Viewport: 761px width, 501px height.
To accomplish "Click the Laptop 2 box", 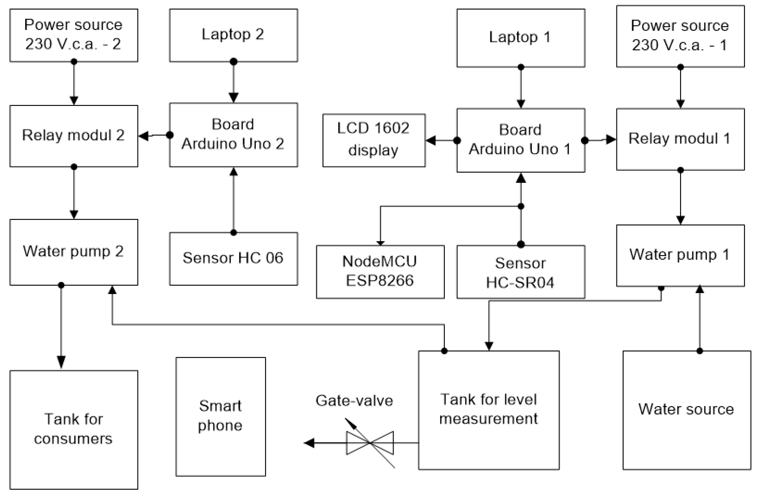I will click(x=233, y=35).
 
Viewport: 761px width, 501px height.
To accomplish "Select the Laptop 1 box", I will click(x=520, y=38).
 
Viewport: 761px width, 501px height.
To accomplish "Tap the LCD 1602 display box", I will click(x=374, y=140).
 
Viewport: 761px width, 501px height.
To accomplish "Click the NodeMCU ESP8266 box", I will click(x=380, y=272).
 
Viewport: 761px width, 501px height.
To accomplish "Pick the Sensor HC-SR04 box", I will click(x=520, y=272).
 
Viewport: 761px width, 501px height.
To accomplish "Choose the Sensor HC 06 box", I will click(x=233, y=259).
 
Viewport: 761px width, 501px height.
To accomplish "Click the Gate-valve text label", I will click(x=354, y=401).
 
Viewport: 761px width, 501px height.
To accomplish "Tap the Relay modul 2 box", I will click(x=74, y=136).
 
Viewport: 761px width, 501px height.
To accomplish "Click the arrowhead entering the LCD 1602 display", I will click(x=430, y=140).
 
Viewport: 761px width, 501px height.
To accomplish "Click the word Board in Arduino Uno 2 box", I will click(x=233, y=124).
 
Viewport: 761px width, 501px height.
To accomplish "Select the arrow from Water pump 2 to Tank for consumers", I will click(x=61, y=326).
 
